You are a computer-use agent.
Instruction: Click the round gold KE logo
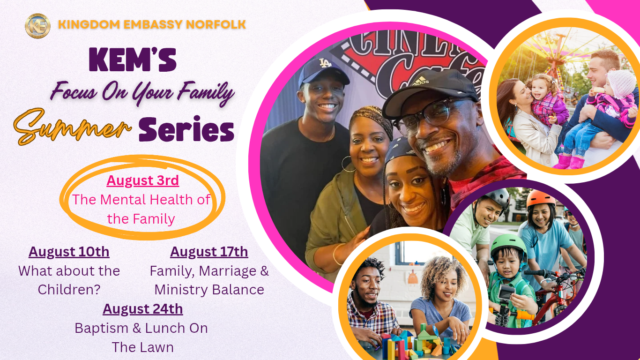click(x=37, y=26)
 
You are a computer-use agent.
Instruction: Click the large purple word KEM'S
click(x=133, y=60)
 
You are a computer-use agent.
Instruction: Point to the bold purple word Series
click(x=186, y=129)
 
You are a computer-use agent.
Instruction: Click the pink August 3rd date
click(x=143, y=180)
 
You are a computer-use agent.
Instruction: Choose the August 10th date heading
click(x=69, y=252)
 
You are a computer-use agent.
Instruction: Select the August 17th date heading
click(x=209, y=252)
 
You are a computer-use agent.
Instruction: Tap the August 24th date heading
click(x=143, y=309)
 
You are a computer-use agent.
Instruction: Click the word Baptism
click(x=101, y=328)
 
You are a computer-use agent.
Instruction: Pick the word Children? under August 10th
click(x=69, y=290)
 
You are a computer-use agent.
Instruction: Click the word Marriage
click(x=228, y=271)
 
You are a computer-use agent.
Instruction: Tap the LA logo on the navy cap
click(x=325, y=63)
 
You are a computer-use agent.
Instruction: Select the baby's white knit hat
click(x=621, y=83)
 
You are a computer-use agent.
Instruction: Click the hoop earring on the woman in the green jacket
click(x=348, y=164)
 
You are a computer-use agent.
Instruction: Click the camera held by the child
click(x=506, y=293)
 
